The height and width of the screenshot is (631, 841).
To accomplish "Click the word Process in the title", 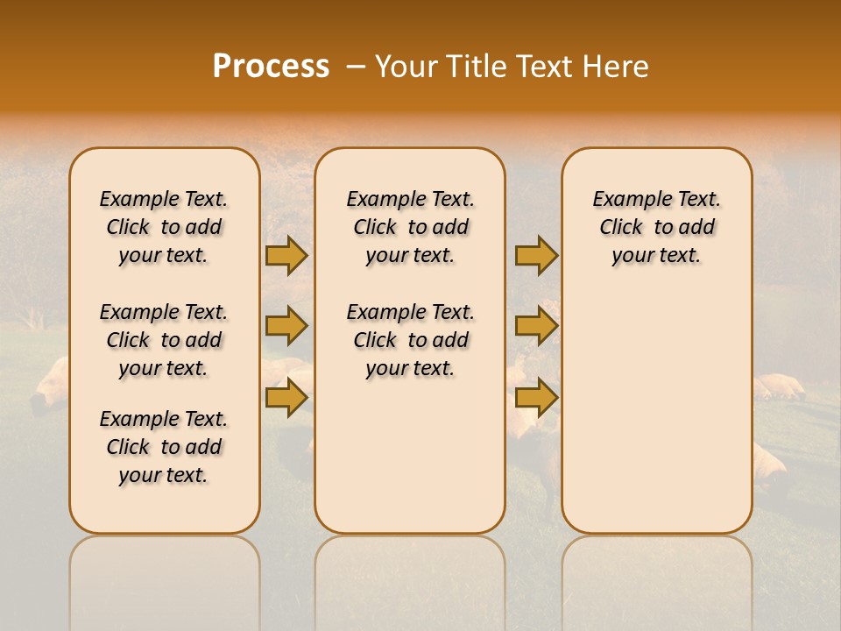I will [271, 67].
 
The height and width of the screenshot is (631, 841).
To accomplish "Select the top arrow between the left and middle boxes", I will [286, 255].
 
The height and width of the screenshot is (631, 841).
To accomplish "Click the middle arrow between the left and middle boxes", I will [286, 326].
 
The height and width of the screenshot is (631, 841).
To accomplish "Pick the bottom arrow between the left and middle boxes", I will [286, 398].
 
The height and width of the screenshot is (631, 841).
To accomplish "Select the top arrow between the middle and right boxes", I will [535, 255].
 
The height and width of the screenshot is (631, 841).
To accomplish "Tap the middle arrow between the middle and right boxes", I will [535, 326].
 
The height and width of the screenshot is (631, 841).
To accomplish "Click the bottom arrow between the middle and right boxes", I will [535, 398].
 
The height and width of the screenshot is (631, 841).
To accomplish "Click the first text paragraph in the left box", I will [164, 227].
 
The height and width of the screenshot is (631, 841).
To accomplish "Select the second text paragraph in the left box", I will [164, 340].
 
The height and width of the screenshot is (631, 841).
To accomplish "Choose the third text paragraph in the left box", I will [164, 447].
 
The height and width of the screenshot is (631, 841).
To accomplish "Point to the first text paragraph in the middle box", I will [410, 227].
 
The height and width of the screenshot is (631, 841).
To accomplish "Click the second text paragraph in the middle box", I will [410, 340].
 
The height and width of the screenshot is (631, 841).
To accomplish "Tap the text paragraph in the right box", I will [656, 227].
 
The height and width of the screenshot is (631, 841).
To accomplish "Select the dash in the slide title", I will [356, 67].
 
